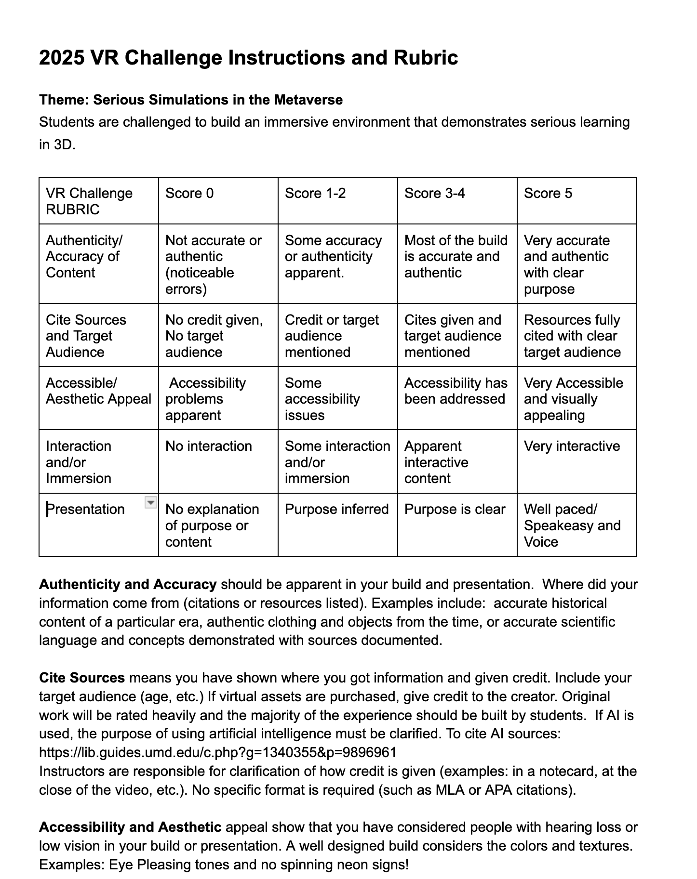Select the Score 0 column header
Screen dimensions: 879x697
189,193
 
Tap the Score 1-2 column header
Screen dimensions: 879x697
315,193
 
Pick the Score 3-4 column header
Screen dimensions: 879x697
435,193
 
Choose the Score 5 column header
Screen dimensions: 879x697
548,193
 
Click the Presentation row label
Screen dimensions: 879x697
86,509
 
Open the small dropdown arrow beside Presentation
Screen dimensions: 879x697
151,503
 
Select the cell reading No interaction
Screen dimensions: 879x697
209,446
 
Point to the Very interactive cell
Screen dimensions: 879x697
572,446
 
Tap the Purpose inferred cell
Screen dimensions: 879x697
337,509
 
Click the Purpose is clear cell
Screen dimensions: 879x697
455,509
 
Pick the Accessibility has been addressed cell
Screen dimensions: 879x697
456,391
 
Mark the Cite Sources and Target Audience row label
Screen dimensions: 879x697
86,336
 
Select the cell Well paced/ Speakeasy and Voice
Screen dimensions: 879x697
572,525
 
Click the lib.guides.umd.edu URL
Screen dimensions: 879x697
218,752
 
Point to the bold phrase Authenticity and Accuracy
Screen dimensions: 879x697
128,584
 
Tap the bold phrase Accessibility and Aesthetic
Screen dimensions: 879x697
130,827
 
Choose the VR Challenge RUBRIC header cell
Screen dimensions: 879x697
89,201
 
